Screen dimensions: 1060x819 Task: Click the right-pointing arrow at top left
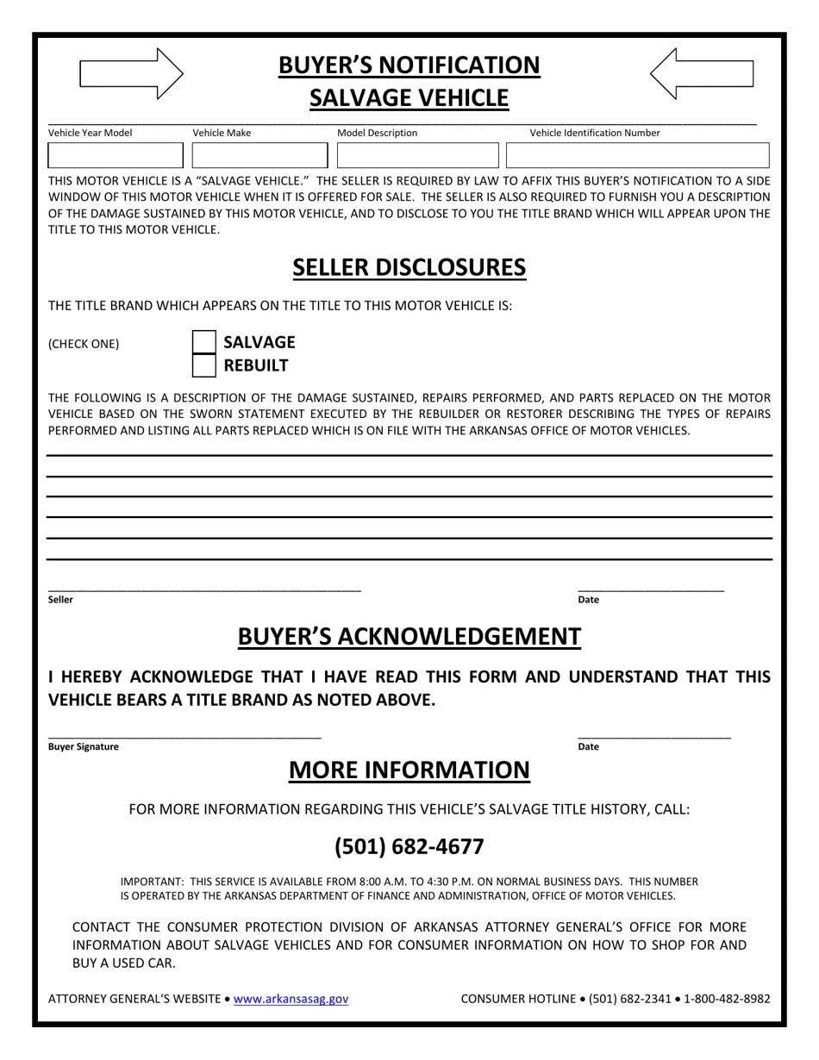pyautogui.click(x=131, y=74)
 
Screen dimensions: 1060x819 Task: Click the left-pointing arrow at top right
pyautogui.click(x=702, y=74)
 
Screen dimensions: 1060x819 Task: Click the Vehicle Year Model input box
pyautogui.click(x=116, y=155)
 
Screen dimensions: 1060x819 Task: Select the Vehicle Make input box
pyautogui.click(x=259, y=155)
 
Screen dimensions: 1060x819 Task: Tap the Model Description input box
pyautogui.click(x=417, y=155)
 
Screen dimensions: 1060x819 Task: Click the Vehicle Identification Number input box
pyautogui.click(x=637, y=155)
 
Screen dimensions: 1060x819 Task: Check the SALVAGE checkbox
pyautogui.click(x=204, y=342)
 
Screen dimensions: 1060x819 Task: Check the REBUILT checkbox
pyautogui.click(x=204, y=365)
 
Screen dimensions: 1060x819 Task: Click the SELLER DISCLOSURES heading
pyautogui.click(x=409, y=267)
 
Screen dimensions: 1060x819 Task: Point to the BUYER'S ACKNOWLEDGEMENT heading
pyautogui.click(x=409, y=637)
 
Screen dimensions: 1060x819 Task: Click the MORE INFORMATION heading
pyautogui.click(x=409, y=770)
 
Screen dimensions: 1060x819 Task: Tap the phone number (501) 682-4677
pyautogui.click(x=409, y=846)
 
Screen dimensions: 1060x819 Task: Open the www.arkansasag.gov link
pyautogui.click(x=291, y=999)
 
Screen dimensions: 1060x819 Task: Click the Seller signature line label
pyautogui.click(x=60, y=600)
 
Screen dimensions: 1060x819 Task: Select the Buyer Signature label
pyautogui.click(x=84, y=747)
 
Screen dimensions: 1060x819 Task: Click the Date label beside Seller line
pyautogui.click(x=588, y=600)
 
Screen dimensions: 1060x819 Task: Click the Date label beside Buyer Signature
pyautogui.click(x=588, y=747)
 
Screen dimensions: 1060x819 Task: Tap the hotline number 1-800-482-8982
pyautogui.click(x=727, y=999)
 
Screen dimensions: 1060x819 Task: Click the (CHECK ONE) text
pyautogui.click(x=84, y=344)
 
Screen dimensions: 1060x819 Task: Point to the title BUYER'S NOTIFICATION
pyautogui.click(x=409, y=65)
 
